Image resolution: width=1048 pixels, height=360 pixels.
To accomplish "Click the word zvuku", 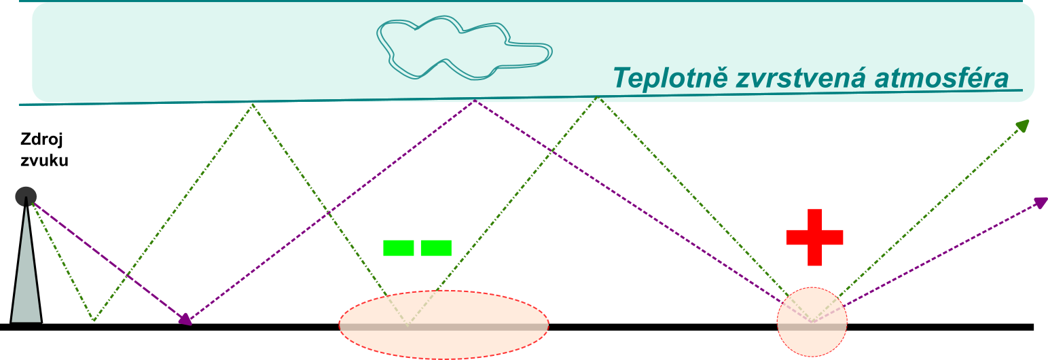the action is coord(44,160).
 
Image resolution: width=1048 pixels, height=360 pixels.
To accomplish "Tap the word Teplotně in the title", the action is coord(670,77).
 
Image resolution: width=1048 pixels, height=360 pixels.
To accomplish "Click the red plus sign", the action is coord(814,237).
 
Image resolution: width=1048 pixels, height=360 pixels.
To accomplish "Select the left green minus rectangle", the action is coord(399,248).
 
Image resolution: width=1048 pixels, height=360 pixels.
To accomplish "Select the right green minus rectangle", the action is coord(436,248).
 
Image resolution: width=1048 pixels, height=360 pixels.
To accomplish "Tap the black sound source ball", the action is coord(26,196).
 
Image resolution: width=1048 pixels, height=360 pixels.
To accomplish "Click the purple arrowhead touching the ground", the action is coord(185,319).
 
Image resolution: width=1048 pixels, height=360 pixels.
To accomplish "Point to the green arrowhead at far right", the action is coord(1024,126).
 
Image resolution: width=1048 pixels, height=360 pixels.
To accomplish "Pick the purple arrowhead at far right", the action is coord(1041,202).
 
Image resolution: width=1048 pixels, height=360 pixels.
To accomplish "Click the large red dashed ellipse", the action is coord(444,291).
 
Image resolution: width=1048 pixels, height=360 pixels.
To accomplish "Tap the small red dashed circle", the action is coord(812,287).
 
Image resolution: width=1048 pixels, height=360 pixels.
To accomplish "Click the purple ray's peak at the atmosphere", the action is coord(475,100).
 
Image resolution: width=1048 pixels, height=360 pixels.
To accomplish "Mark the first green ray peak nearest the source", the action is coord(253,105).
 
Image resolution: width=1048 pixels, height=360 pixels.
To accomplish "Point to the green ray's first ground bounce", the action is coord(94,321).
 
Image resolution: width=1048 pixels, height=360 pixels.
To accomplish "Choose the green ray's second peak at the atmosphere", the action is coord(598,97).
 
